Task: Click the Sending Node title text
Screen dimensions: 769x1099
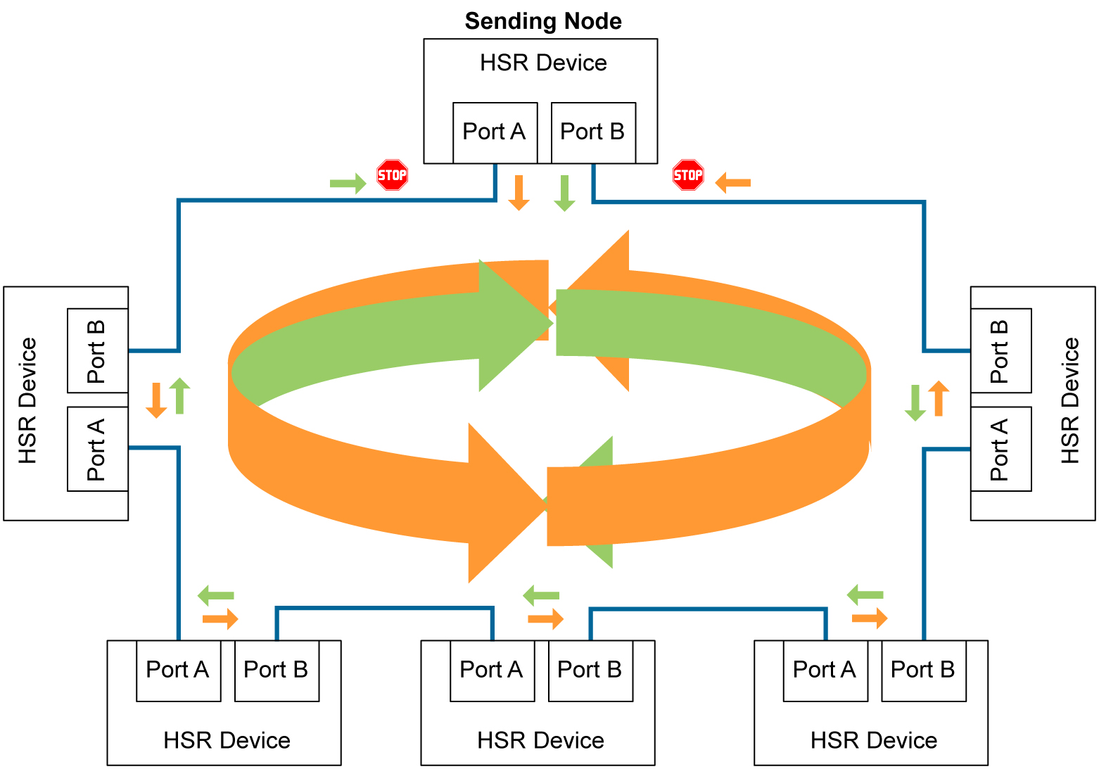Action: [x=543, y=21]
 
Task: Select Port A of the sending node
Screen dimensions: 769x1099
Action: [x=495, y=132]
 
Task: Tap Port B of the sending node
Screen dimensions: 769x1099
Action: [x=592, y=132]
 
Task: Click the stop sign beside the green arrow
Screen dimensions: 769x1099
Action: [x=392, y=174]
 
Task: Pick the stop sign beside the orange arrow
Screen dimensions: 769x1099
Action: [x=688, y=174]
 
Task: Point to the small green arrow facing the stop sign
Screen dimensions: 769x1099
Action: [x=348, y=184]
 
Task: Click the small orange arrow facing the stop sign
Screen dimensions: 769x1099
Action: [x=732, y=183]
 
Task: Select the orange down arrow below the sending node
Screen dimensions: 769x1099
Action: [x=519, y=193]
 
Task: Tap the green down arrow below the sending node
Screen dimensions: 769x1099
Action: [x=564, y=193]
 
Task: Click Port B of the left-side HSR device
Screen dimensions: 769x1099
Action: [x=97, y=350]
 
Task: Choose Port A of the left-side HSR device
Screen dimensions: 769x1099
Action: [x=97, y=449]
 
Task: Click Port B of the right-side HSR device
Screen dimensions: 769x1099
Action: [x=1000, y=350]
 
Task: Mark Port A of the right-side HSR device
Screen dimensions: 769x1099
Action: [x=1000, y=449]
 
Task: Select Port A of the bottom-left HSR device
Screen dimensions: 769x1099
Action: [x=178, y=670]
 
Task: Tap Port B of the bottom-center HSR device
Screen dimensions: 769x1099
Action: [x=590, y=670]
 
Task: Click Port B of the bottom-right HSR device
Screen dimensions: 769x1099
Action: [x=923, y=670]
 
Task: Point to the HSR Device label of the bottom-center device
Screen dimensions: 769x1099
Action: [x=540, y=740]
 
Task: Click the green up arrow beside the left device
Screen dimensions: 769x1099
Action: [x=180, y=395]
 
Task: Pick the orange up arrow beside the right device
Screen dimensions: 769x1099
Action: [x=939, y=398]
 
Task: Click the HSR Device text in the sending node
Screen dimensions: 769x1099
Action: [x=543, y=63]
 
